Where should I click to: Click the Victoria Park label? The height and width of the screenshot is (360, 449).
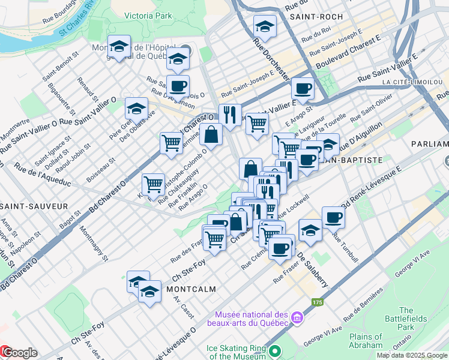click(x=148, y=15)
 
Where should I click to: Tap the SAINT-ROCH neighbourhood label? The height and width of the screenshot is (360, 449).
click(x=312, y=17)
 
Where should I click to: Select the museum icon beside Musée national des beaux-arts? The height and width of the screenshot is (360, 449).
click(x=296, y=317)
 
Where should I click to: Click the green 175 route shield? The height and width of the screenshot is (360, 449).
click(x=318, y=302)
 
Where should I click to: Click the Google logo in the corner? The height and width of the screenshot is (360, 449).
click(x=19, y=353)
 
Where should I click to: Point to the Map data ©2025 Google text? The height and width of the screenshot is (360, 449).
click(x=412, y=355)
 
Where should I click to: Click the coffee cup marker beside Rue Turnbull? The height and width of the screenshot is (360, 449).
click(x=333, y=218)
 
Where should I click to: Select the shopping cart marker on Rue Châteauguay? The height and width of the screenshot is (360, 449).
click(x=153, y=184)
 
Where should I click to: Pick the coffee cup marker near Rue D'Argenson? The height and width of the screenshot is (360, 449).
click(x=178, y=86)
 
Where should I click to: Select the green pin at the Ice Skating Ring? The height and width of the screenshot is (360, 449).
click(x=274, y=351)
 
